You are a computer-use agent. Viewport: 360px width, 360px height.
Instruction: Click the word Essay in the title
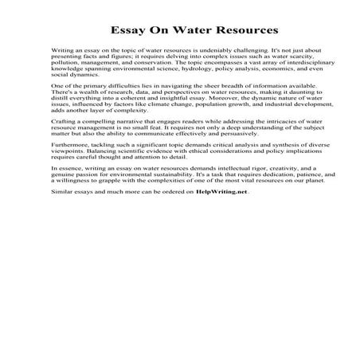128,33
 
